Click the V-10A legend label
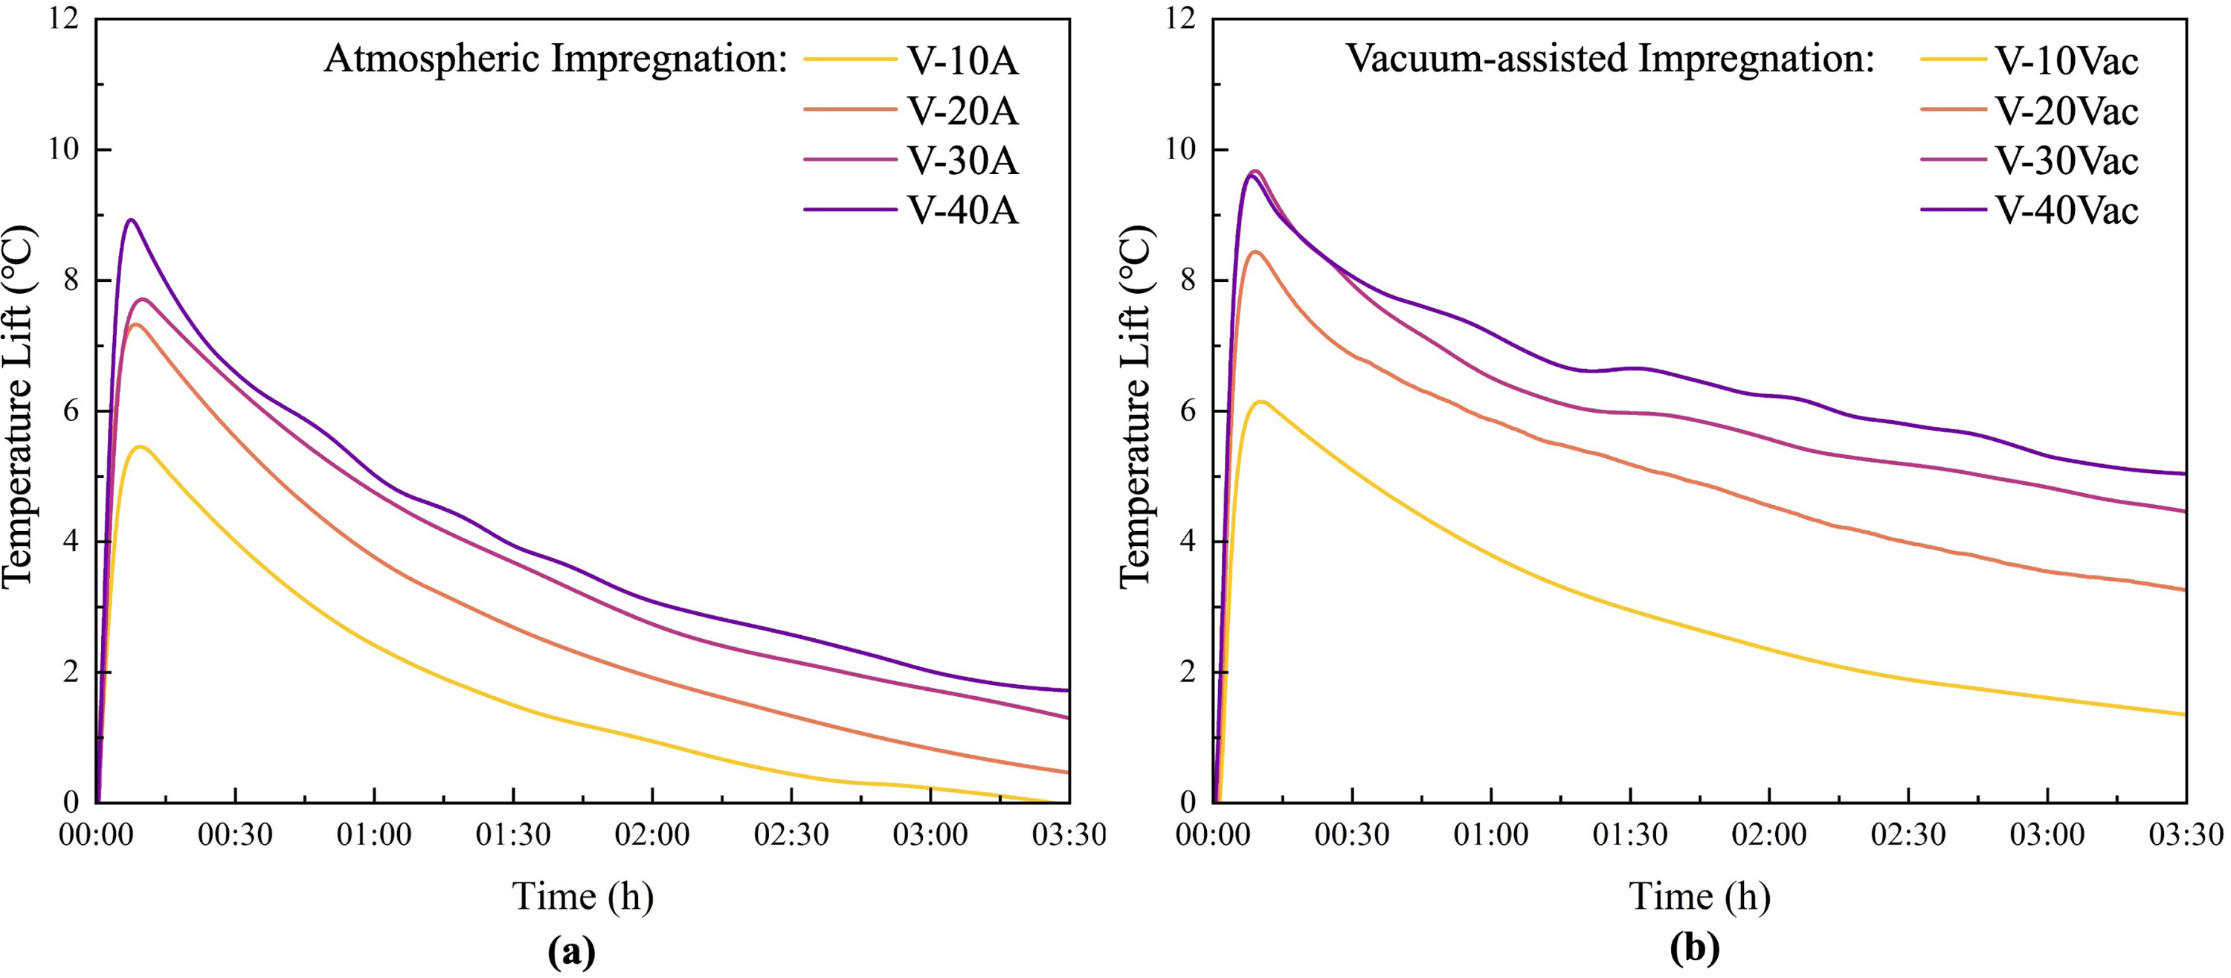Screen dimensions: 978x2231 pos(962,61)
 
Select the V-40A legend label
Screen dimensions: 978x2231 pos(962,210)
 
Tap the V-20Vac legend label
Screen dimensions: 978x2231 pos(2067,111)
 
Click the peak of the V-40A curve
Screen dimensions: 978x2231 pos(131,220)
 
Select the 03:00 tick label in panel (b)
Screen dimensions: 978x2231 pos(2047,835)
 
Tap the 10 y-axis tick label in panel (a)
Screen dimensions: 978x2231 pos(62,150)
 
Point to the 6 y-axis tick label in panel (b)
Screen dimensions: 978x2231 pos(1186,411)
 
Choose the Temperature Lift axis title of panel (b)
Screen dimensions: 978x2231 pos(1136,407)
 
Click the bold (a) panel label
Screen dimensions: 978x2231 pos(572,951)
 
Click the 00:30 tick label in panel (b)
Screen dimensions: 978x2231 pos(1351,835)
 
